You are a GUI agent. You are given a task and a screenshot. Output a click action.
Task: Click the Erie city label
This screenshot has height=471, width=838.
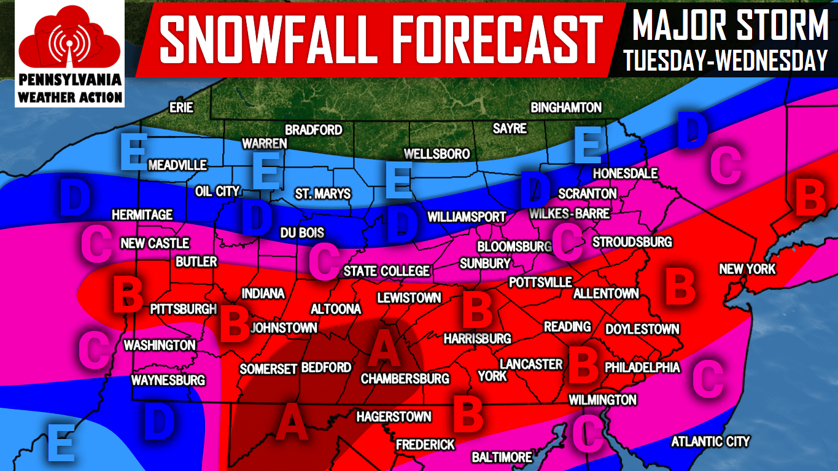point(181,108)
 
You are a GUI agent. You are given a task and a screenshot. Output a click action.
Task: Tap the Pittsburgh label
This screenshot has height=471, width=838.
point(184,309)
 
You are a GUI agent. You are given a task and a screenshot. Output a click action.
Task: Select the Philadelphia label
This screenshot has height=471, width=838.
point(642,367)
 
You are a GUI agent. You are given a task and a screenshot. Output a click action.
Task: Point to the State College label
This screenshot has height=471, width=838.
point(386,271)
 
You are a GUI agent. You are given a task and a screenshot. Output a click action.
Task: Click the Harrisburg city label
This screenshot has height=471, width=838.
point(477,338)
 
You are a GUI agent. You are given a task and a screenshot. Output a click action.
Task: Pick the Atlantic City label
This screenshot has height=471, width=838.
point(710,441)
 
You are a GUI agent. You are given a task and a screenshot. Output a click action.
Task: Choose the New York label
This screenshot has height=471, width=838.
point(747,269)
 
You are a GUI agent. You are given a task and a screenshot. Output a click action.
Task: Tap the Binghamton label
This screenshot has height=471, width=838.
point(566,107)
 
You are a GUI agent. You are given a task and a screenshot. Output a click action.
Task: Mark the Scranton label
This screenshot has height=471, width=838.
point(587,193)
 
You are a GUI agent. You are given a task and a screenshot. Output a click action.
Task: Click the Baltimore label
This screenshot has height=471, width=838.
point(502,457)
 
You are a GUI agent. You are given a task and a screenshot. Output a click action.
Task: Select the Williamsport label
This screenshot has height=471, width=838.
point(467,217)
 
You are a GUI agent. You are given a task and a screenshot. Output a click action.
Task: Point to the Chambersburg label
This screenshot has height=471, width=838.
point(405,379)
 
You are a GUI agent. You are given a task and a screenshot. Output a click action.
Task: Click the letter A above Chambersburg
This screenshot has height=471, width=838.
point(384,349)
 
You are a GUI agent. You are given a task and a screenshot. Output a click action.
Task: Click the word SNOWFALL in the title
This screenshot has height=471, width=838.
point(266,38)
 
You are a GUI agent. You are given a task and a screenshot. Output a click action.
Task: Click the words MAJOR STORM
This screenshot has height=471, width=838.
point(730,25)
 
